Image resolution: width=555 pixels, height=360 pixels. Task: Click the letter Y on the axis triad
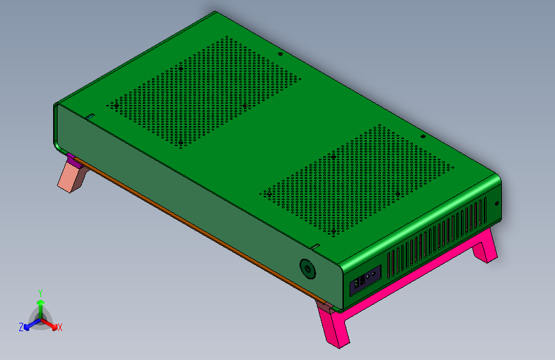[40, 293]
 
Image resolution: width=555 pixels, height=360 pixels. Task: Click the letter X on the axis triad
[60, 327]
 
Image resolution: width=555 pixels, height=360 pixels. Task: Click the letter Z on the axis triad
[21, 327]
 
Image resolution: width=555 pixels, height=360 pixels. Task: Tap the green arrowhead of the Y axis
[41, 302]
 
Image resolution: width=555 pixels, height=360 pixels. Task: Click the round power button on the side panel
[307, 269]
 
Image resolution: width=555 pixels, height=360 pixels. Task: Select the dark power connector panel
[366, 281]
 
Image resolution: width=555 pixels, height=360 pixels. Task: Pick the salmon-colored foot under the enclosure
[73, 176]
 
